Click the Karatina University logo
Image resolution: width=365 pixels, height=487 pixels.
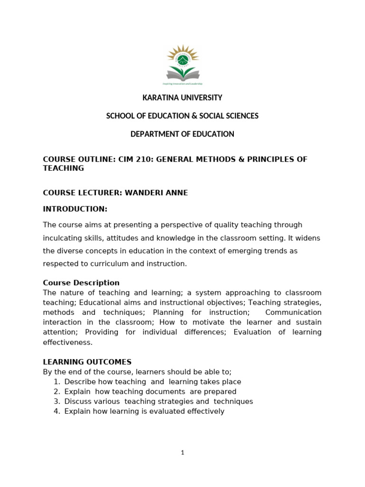(x=182, y=65)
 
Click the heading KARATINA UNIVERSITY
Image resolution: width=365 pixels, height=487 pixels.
(x=182, y=98)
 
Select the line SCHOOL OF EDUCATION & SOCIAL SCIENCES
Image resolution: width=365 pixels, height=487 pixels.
(x=182, y=116)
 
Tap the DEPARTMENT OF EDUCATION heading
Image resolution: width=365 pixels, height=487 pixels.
(x=182, y=134)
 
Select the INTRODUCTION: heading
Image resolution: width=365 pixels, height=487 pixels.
(x=75, y=209)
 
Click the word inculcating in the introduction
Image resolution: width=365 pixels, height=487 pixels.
(x=62, y=238)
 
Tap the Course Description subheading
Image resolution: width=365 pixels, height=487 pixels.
(x=81, y=282)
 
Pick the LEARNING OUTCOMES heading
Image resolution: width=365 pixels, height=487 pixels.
(x=87, y=362)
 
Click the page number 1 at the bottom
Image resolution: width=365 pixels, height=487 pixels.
(x=182, y=453)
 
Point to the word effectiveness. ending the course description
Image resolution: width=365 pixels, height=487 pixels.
(x=67, y=342)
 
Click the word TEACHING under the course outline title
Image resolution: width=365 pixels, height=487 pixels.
(x=63, y=168)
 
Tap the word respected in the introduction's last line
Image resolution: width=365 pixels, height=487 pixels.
(x=59, y=263)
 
